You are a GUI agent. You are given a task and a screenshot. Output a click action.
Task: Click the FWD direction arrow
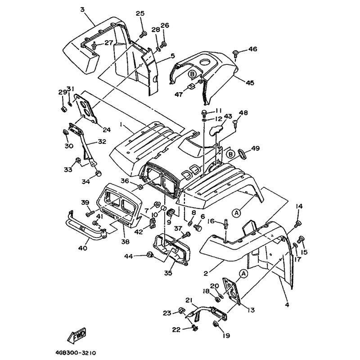click(x=76, y=334)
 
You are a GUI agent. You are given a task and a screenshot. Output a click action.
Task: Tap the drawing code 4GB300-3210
click(x=76, y=353)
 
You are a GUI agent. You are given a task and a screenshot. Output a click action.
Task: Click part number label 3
click(x=82, y=9)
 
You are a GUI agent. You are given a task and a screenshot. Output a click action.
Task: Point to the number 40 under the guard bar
click(x=83, y=248)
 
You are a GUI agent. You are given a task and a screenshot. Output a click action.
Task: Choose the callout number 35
click(x=168, y=273)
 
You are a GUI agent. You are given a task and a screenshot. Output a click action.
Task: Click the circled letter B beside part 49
click(x=231, y=154)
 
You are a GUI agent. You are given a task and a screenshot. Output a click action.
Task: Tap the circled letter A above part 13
click(x=243, y=273)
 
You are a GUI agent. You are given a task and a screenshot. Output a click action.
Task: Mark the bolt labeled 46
click(x=236, y=54)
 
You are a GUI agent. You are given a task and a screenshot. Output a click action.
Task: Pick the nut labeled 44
click(x=150, y=254)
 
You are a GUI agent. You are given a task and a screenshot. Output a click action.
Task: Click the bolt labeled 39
click(x=90, y=214)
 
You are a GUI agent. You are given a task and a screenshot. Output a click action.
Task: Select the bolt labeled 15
click(x=300, y=239)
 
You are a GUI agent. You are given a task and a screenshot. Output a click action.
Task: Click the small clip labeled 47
click(x=192, y=86)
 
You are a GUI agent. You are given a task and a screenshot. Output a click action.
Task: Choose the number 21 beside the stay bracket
click(x=189, y=300)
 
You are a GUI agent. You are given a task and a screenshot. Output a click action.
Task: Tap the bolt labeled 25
click(x=143, y=35)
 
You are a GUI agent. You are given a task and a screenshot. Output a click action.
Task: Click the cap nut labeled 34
click(x=98, y=173)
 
